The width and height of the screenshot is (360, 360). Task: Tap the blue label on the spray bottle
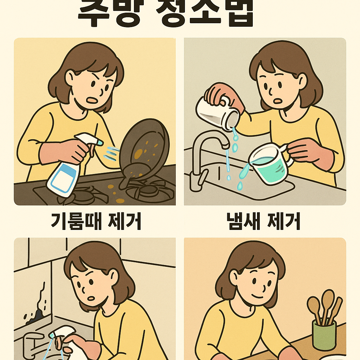coord(64,177)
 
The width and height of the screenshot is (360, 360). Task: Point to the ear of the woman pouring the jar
coord(302,81)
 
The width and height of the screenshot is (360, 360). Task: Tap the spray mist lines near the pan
coord(112,153)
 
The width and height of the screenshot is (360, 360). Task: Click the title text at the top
coord(165,14)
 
